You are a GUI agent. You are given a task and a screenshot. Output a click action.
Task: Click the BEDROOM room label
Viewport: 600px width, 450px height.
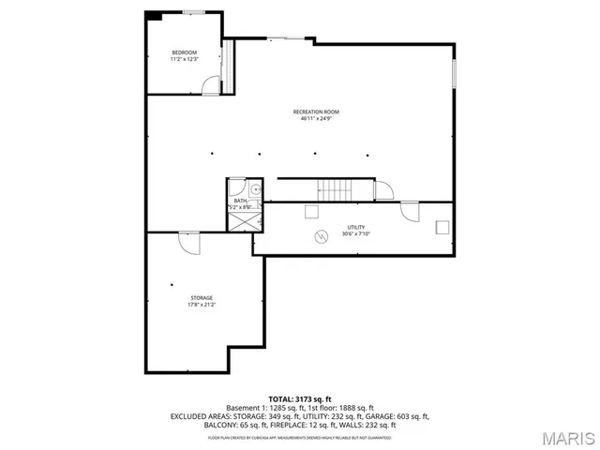tap(184, 52)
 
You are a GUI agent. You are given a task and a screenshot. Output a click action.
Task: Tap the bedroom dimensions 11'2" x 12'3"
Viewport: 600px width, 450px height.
tap(184, 59)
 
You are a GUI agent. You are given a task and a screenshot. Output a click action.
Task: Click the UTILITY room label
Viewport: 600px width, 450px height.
tap(355, 227)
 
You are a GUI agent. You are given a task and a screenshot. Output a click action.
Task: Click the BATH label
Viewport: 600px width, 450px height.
tap(240, 201)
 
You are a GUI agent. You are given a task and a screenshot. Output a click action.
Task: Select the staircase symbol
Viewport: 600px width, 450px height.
tap(336, 188)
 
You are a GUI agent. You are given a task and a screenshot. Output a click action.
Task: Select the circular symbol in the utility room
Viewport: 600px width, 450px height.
tap(321, 236)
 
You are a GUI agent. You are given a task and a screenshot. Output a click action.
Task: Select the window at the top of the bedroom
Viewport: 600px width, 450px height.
tap(195, 11)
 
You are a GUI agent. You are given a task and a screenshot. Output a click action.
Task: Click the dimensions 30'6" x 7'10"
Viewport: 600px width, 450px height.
tap(355, 234)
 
